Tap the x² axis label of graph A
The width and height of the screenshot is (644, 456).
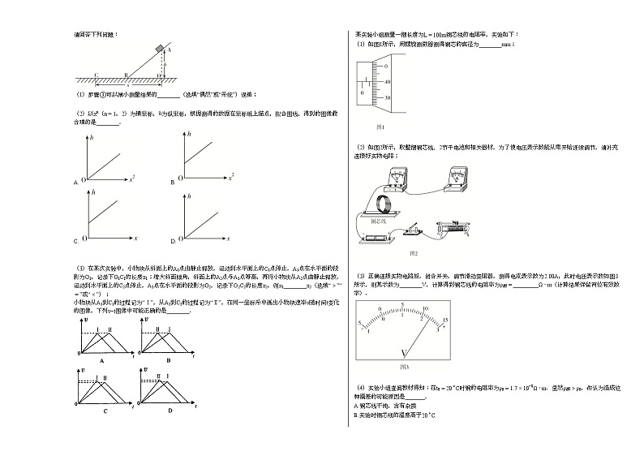pyautogui.click(x=131, y=175)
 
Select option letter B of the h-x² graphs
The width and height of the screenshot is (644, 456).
pyautogui.click(x=173, y=183)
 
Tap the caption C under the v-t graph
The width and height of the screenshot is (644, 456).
pyautogui.click(x=104, y=411)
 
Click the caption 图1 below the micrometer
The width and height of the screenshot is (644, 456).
pyautogui.click(x=380, y=127)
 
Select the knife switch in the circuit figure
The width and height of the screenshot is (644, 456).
pyautogui.click(x=415, y=231)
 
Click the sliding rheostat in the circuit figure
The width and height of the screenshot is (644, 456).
pyautogui.click(x=459, y=230)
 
